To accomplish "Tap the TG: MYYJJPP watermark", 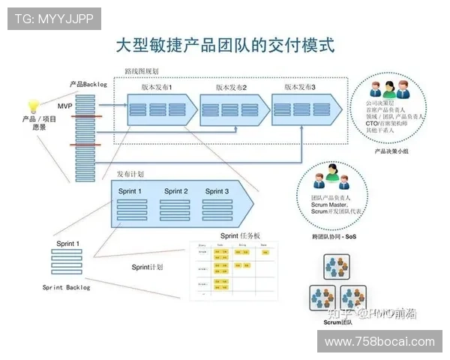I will point(53,19).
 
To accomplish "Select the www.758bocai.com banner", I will point(380,341).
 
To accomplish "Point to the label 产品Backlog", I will point(88,85).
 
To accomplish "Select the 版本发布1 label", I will point(157,88).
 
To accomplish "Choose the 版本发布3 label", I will point(300,87).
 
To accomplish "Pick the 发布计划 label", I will point(130,174).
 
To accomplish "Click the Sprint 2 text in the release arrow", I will point(175,191).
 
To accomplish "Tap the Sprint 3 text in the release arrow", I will point(216,191).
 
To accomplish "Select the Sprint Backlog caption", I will point(66,287).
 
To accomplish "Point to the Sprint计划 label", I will point(147,266).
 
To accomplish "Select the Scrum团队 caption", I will point(337,322).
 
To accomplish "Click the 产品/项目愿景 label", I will point(34,123).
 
